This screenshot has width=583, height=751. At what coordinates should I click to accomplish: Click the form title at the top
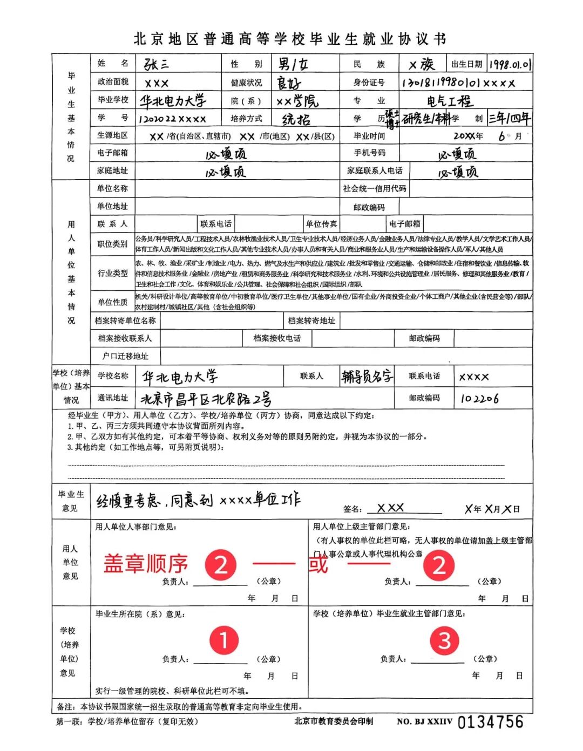pos(290,39)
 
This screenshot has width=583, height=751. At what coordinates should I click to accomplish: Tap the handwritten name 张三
pos(156,64)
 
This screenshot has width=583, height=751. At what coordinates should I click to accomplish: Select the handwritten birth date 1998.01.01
pos(510,65)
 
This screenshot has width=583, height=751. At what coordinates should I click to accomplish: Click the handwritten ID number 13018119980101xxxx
pos(458,83)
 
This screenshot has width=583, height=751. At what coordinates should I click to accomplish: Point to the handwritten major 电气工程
pos(449,101)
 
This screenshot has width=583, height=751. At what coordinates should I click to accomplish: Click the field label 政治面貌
pos(113,82)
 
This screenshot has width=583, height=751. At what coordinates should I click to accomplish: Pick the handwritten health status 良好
pos(289,83)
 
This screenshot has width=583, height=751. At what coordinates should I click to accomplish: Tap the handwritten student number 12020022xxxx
pos(172,119)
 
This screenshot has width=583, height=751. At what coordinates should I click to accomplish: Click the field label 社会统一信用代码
pos(375,189)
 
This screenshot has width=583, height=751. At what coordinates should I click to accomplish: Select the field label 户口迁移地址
pos(125,356)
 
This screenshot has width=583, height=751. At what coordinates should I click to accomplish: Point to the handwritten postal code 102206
pos(479,399)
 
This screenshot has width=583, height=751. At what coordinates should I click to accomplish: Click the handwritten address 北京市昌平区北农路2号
pos(206,399)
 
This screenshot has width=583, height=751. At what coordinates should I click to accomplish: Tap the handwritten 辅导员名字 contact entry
pos(367,377)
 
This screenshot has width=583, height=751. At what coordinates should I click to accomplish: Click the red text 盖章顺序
pos(146,564)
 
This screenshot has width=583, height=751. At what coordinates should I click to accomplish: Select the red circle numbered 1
pos(223,639)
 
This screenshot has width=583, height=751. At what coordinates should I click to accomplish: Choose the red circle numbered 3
pos(444,640)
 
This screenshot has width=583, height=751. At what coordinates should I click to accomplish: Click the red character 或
pos(318,564)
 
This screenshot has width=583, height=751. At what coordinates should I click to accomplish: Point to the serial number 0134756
pos(490,722)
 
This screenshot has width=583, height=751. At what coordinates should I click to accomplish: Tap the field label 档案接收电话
pos(277,338)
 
